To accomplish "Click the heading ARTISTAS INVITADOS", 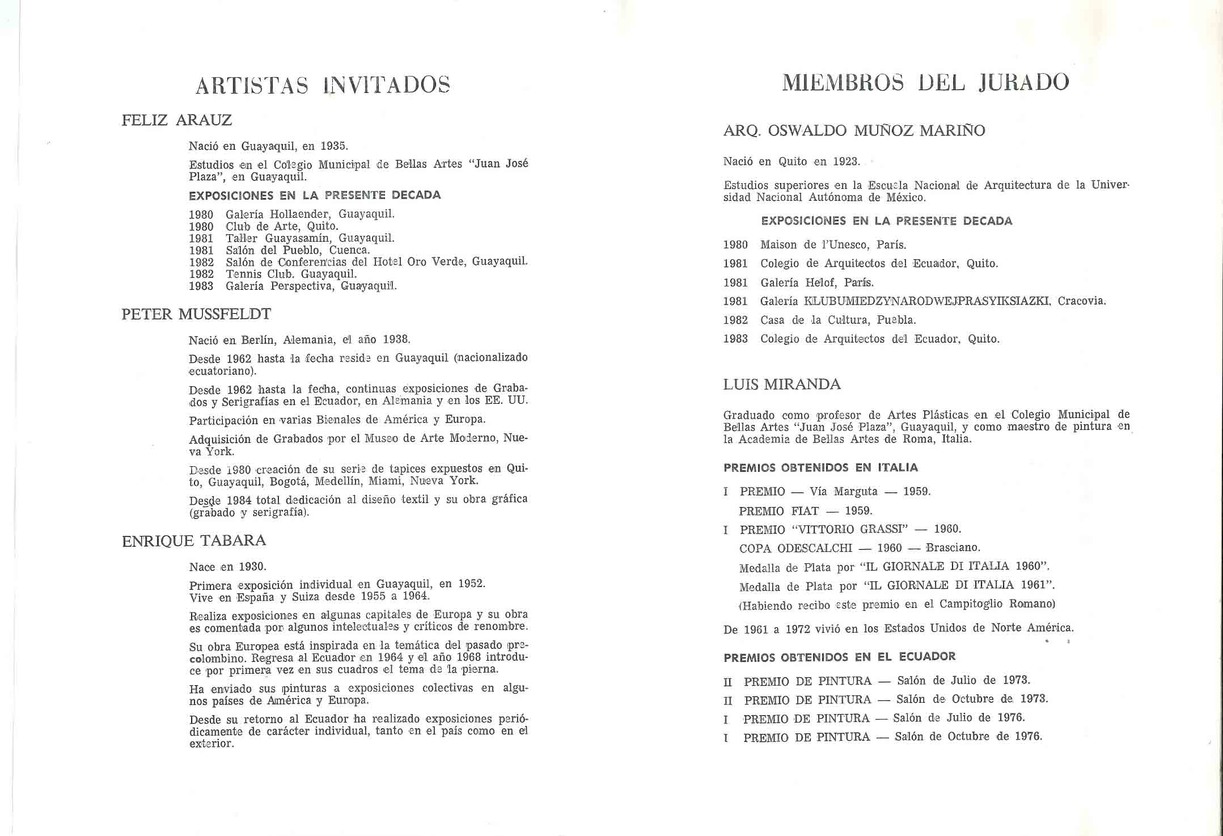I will tap(323, 85).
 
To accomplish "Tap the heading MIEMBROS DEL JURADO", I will tap(925, 83).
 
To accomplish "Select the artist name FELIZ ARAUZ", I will tap(177, 120).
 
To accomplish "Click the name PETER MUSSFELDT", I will tap(196, 314).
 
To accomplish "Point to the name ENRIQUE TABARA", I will tap(194, 541).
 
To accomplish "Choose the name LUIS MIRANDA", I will tap(782, 385).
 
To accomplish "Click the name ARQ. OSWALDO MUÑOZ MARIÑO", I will tap(854, 131).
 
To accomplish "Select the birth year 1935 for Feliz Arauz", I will tap(333, 146).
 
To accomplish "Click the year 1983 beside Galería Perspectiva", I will tap(201, 286).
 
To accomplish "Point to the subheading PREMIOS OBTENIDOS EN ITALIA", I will tap(820, 468).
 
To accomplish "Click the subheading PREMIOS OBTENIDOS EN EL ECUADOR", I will tap(839, 657).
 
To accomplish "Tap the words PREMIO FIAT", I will tap(778, 511).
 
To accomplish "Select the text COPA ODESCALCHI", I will tap(795, 548).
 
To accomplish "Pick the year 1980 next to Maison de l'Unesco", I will tap(735, 245).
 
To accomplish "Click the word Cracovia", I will tap(1081, 301).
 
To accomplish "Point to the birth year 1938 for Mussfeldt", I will tap(396, 339).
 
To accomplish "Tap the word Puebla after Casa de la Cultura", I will tap(896, 320).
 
